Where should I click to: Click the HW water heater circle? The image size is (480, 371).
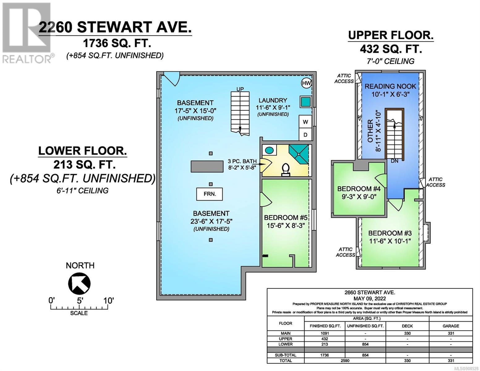coord(306,83)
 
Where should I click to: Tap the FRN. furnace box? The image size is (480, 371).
coord(210,194)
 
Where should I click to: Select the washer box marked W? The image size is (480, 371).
coord(305,122)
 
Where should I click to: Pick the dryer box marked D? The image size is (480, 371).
coord(305,134)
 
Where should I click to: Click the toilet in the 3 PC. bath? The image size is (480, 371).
coord(286,170)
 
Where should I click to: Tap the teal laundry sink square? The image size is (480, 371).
coord(305,102)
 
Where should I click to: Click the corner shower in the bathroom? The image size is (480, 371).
coord(299,154)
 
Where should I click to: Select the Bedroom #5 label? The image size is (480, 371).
coord(286,218)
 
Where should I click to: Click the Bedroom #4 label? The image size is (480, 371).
coord(359,189)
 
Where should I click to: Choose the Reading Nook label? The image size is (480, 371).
coord(390,86)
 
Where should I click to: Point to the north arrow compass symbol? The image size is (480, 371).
coord(79,283)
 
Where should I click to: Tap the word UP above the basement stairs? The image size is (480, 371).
coord(240,89)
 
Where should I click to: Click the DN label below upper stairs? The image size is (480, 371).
coord(394,161)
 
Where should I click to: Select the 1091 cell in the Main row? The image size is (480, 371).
coord(325,333)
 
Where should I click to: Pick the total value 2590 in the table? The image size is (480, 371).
coord(345,360)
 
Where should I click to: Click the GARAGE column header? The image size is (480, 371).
coord(451,326)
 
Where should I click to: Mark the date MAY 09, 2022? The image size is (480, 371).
coord(370,299)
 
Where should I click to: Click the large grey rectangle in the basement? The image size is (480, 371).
coord(207,166)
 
